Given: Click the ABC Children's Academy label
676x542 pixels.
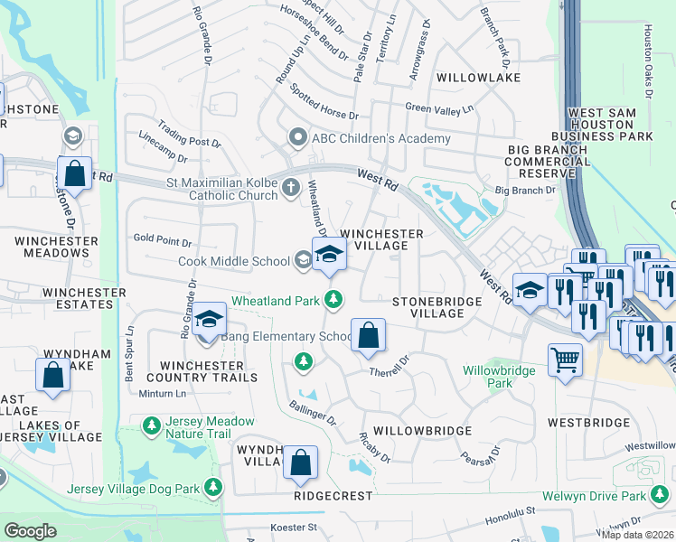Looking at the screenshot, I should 380,138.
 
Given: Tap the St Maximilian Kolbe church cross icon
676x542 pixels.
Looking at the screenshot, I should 290,188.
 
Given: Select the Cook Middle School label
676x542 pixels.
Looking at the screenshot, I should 239,261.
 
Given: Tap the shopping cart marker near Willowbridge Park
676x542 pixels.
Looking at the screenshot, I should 566,360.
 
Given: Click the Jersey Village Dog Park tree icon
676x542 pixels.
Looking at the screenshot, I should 214,489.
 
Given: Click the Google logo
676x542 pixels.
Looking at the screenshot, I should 30,531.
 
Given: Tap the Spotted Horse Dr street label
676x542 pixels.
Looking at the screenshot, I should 324,102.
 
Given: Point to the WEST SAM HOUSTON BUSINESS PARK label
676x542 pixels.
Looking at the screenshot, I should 610,124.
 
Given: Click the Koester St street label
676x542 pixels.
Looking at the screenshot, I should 295,528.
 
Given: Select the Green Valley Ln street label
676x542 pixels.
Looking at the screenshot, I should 439,109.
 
